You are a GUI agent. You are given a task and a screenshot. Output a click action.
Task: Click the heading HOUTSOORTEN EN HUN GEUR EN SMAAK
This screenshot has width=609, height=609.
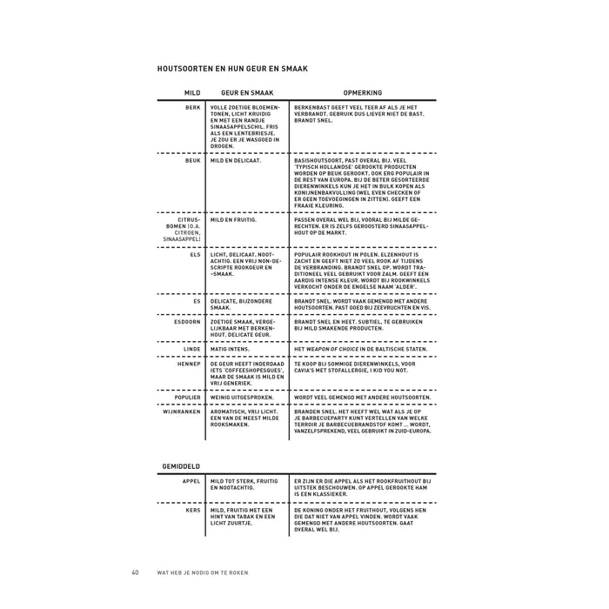coord(232,68)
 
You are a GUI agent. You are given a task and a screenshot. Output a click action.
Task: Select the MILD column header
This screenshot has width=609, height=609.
coord(192,91)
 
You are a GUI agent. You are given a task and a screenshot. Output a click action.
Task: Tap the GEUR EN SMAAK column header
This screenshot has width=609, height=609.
coord(248,91)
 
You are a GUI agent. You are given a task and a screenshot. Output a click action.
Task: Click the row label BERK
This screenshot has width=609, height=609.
coord(193,107)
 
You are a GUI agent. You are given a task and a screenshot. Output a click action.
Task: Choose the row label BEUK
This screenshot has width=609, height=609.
coord(193,161)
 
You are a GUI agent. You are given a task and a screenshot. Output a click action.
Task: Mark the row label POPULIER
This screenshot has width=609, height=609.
coord(187,397)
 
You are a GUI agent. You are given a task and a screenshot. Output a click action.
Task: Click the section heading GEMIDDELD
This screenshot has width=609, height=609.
coord(180,466)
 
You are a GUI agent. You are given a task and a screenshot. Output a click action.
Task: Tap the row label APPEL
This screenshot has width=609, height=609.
coord(191,480)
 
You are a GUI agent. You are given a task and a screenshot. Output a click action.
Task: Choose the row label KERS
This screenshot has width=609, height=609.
coord(192,510)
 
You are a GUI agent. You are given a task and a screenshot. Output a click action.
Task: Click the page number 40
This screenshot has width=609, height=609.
coord(136,572)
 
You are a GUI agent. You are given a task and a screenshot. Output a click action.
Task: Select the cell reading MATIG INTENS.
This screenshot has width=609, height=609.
coord(231,348)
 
